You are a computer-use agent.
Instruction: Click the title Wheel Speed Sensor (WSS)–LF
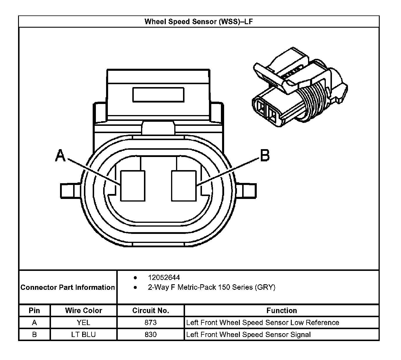coord(198,22)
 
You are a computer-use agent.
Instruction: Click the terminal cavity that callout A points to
coord(133,186)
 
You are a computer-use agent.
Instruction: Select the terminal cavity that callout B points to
coord(184,186)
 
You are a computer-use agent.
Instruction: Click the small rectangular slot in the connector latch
coord(158,95)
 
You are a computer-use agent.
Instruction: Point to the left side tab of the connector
coord(70,191)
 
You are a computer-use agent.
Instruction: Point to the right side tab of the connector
coord(247,191)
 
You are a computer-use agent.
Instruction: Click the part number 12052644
coord(164,277)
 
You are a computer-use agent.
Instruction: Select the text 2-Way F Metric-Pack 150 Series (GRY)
coord(212,287)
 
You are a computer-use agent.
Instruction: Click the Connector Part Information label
coord(68,287)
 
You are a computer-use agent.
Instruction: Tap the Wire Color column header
coord(84,310)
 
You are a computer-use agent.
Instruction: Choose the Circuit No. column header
coord(151,310)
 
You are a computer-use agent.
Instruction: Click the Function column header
coord(282,310)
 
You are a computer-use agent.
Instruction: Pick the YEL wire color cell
coord(84,323)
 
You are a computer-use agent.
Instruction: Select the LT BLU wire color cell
coord(84,335)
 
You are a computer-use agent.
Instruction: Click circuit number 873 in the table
coord(151,323)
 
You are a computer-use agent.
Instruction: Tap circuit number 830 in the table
coord(151,335)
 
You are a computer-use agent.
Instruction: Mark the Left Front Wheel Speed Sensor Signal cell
coord(248,335)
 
